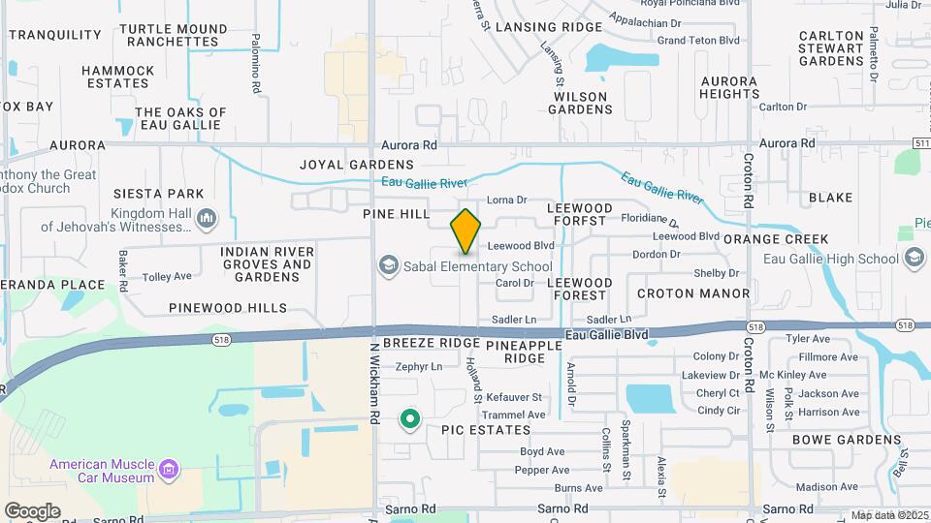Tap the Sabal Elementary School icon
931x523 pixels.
(x=389, y=266)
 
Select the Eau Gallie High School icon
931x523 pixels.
(x=914, y=259)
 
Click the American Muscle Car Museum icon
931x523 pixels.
(x=169, y=471)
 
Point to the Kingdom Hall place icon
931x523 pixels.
(x=205, y=220)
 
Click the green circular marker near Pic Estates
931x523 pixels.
(x=410, y=419)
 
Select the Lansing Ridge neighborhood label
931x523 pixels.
(x=548, y=27)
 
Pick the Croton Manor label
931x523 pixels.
(x=693, y=292)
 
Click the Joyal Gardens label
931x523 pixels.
(x=357, y=165)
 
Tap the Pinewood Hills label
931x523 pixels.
(x=228, y=308)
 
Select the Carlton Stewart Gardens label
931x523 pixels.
(x=831, y=48)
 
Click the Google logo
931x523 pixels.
(x=32, y=510)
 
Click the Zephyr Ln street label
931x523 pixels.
(x=419, y=367)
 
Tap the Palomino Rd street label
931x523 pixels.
(x=256, y=64)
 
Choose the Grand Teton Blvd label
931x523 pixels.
(x=698, y=41)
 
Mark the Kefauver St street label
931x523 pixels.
(x=514, y=398)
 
